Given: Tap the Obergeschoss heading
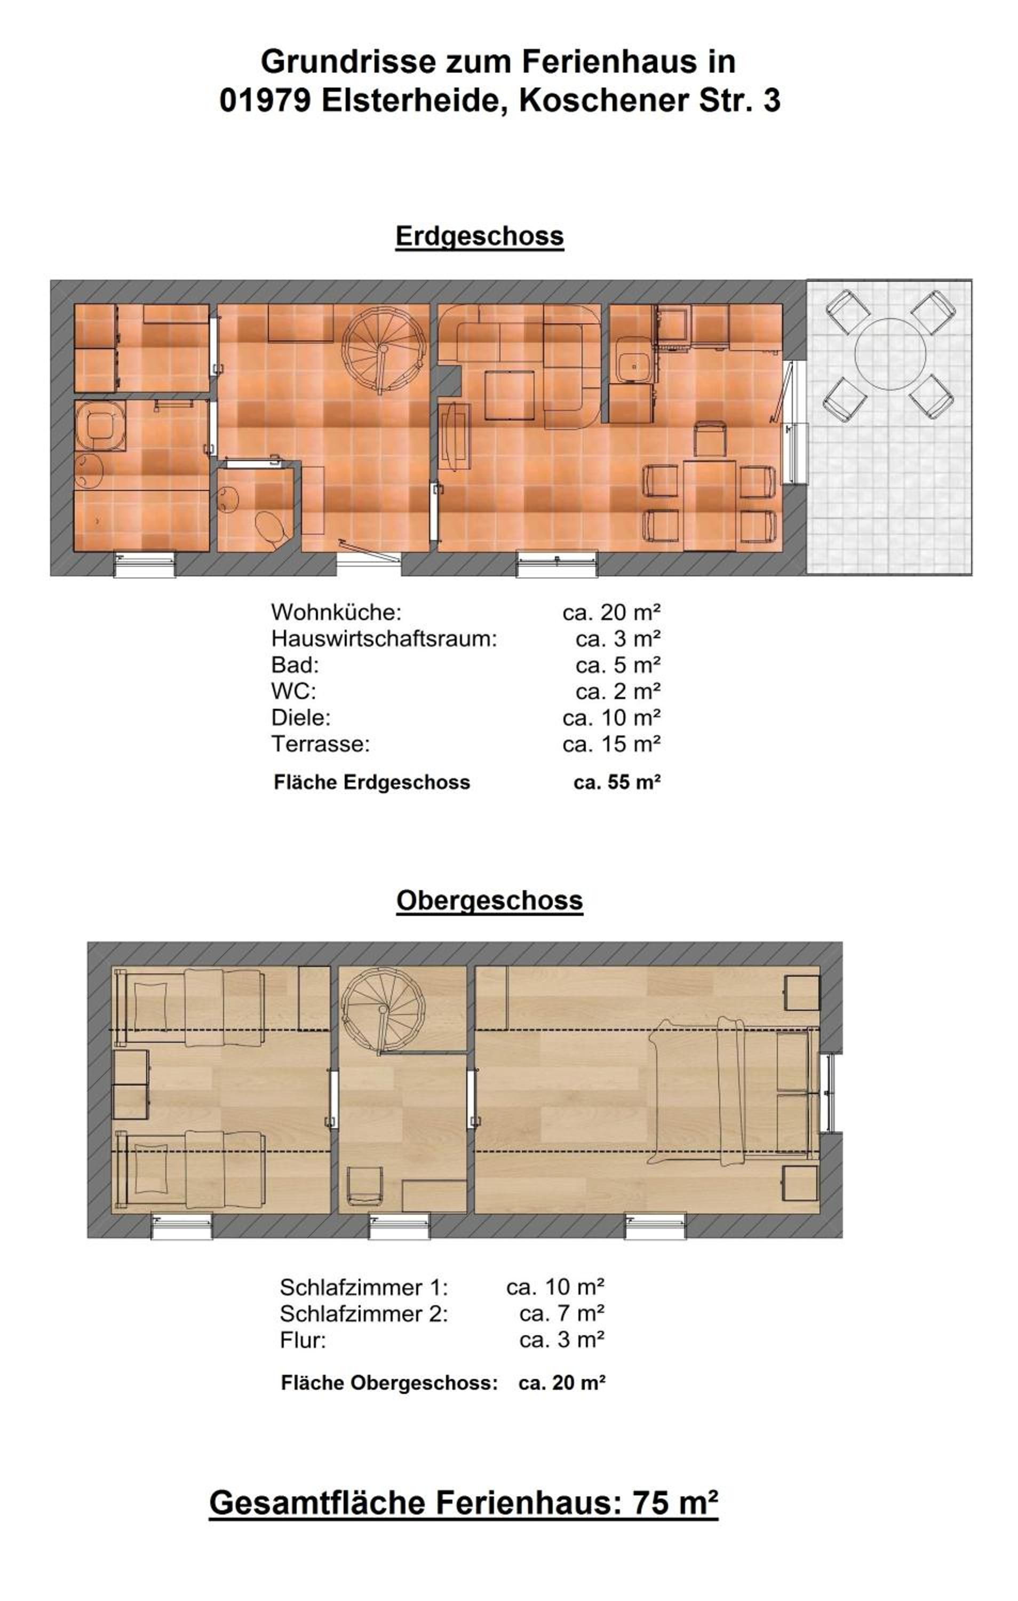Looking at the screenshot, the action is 489,900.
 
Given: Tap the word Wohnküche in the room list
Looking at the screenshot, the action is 336,612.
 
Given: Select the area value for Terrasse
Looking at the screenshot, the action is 611,743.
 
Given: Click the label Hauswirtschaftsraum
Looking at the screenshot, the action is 384,638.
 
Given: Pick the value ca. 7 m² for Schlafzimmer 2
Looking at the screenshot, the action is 561,1313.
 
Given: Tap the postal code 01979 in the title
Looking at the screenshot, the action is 265,100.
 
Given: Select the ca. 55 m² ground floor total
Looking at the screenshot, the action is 616,782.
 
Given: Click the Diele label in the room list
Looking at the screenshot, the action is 300,717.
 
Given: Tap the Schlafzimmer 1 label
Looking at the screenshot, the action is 364,1287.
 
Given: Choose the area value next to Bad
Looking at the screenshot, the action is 618,664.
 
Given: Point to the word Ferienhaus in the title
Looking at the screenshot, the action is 629,62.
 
